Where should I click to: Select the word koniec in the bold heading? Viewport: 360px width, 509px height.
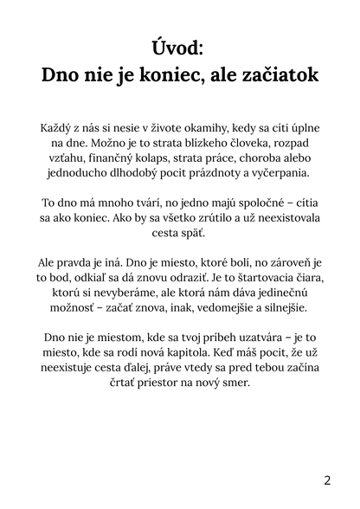pos(174,75)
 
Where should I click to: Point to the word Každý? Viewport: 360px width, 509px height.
pos(59,126)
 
